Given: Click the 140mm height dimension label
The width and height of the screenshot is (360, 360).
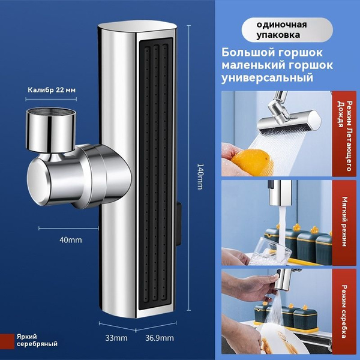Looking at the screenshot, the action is click(x=200, y=176).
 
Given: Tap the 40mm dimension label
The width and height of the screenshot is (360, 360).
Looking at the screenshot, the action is click(x=70, y=240).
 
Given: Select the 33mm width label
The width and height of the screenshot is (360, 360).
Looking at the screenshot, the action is click(x=116, y=338).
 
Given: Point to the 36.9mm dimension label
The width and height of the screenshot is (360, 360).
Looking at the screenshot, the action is click(x=160, y=338).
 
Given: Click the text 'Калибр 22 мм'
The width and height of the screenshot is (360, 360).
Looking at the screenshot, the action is click(x=52, y=90).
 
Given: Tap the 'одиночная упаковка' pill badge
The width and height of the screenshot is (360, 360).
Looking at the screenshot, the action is click(x=287, y=30).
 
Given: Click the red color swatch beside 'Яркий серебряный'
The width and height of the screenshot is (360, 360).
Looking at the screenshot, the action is click(x=7, y=341).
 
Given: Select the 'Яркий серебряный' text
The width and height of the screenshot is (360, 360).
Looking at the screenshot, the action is click(x=37, y=340).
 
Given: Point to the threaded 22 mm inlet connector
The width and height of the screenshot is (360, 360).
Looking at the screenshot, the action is click(x=51, y=129).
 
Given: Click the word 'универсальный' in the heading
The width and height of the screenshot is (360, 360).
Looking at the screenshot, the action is click(x=267, y=77).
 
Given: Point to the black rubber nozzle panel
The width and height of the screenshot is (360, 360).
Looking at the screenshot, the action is click(x=156, y=170).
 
